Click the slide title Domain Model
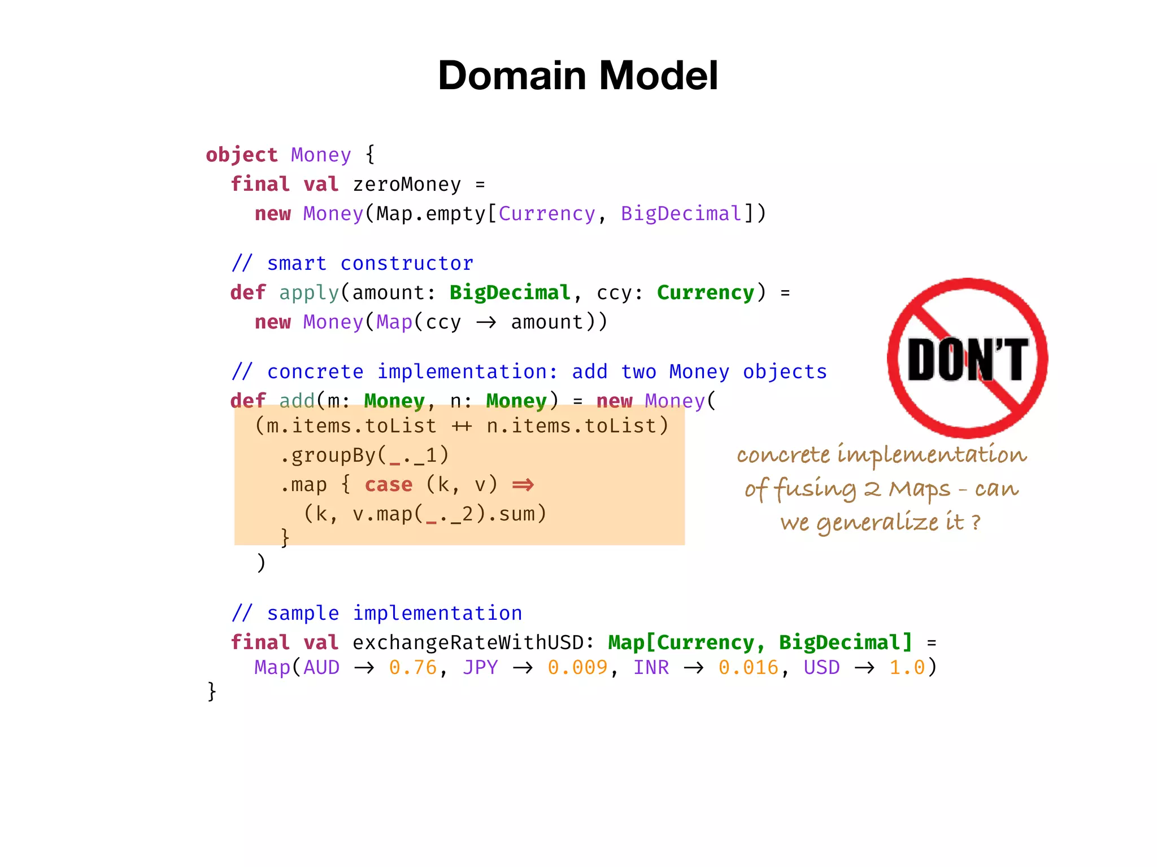[578, 76]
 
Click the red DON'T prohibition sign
[967, 358]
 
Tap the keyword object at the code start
[241, 155]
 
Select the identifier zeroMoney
[407, 185]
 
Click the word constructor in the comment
[407, 264]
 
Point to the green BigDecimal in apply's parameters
[510, 292]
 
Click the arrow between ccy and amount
[486, 322]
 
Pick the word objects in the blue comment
[785, 371]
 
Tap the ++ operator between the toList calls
[462, 426]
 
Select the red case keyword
[389, 484]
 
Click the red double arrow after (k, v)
[523, 484]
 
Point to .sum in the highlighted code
[517, 514]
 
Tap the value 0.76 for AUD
[413, 668]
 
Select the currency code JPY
[480, 668]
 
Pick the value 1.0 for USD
[907, 668]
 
